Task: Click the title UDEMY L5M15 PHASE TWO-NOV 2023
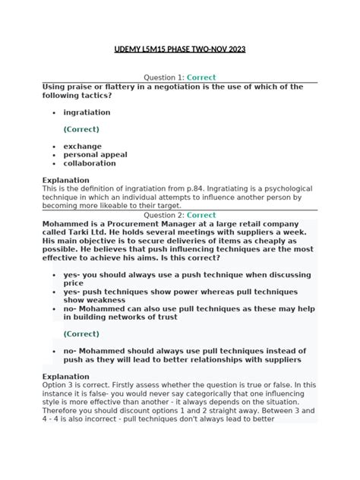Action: tap(179, 49)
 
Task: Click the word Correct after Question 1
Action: tap(201, 77)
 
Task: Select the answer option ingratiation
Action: tap(87, 112)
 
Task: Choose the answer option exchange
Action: tap(82, 146)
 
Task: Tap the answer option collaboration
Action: tap(90, 163)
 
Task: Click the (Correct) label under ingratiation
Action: tap(81, 129)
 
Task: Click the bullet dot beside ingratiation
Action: tap(54, 113)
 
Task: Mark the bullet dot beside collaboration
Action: tap(54, 163)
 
